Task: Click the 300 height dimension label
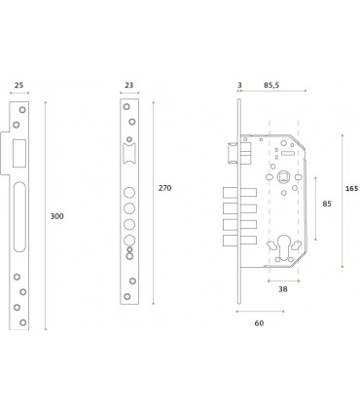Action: pyautogui.click(x=56, y=216)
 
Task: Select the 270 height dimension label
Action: pyautogui.click(x=164, y=188)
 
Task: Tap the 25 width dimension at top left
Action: pyautogui.click(x=18, y=85)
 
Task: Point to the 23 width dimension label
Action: pyautogui.click(x=129, y=85)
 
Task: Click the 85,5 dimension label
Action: pyautogui.click(x=271, y=85)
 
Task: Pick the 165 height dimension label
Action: pyautogui.click(x=351, y=188)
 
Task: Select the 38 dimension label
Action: pyautogui.click(x=283, y=289)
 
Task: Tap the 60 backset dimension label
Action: pyautogui.click(x=259, y=323)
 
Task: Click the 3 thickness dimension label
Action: pyautogui.click(x=239, y=85)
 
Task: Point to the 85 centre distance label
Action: pyautogui.click(x=327, y=204)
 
